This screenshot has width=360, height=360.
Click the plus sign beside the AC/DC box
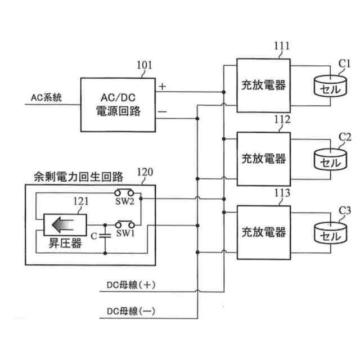pos(163,86)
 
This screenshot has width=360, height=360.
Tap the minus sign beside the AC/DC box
pos(163,112)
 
